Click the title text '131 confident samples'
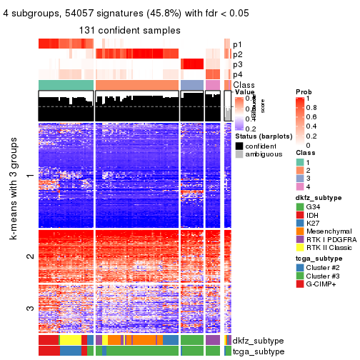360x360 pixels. coord(130,31)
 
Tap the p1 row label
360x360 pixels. coord(237,44)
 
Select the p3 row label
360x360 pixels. coord(237,64)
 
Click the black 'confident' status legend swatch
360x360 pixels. coord(239,145)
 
